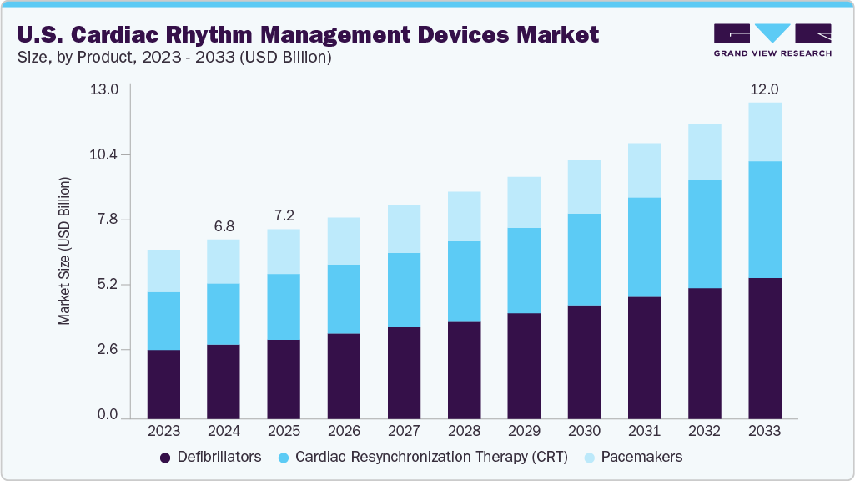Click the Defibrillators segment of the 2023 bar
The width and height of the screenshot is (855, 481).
tap(163, 383)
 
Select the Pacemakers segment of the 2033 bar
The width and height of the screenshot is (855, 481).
tap(764, 132)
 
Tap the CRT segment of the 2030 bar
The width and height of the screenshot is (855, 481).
tap(584, 260)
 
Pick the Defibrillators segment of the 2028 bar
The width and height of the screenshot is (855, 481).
tap(464, 369)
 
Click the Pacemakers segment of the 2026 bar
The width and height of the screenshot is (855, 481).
tap(344, 241)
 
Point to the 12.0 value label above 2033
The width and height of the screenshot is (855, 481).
tap(764, 89)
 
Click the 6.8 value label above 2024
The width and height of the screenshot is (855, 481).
tap(224, 226)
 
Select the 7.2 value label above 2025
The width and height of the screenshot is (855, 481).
tap(284, 215)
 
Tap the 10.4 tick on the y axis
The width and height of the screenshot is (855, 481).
tap(106, 154)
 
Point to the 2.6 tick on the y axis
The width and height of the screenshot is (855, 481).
tap(106, 349)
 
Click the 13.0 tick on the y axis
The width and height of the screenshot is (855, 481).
tap(106, 89)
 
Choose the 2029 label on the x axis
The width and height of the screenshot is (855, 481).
tap(524, 431)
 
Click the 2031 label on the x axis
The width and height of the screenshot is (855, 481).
tap(644, 431)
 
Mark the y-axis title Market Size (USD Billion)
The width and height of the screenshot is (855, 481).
tap(64, 251)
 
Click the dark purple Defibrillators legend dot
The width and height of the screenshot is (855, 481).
tap(165, 458)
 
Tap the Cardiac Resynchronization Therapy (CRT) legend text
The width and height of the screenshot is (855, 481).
tap(431, 457)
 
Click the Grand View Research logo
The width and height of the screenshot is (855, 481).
tap(772, 39)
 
